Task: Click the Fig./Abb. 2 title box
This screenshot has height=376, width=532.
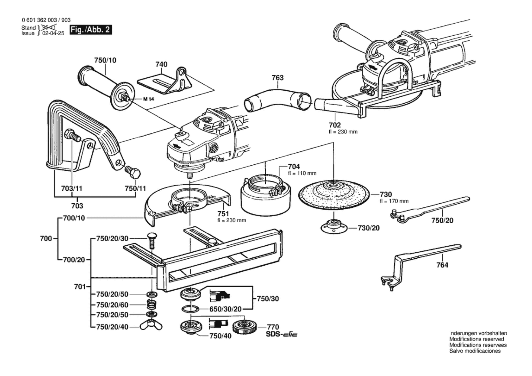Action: click(91, 30)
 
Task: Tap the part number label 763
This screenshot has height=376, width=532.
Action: click(277, 78)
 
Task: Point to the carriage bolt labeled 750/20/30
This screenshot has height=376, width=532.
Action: click(151, 239)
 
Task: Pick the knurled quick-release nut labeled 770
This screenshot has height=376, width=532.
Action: click(244, 327)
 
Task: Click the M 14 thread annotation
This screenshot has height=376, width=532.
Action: click(148, 99)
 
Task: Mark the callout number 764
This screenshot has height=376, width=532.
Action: click(442, 265)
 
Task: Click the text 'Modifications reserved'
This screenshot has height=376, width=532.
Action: click(476, 339)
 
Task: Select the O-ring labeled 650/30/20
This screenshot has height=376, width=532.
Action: click(191, 309)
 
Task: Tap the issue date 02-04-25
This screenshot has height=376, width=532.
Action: click(53, 33)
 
